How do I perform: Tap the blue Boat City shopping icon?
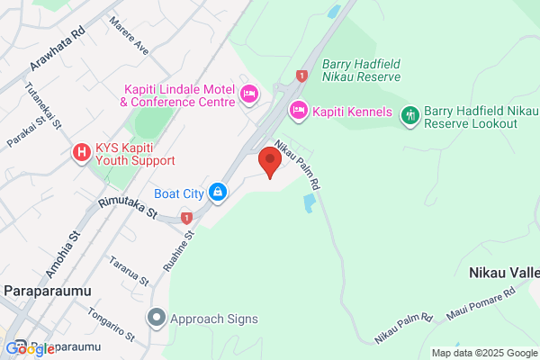[x=217, y=192]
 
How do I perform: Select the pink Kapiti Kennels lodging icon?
[x=298, y=112]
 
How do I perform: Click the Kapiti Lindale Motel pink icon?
[x=249, y=93]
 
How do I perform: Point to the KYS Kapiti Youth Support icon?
[x=81, y=152]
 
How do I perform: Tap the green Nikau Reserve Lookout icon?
[x=410, y=113]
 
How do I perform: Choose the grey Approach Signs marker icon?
[x=157, y=318]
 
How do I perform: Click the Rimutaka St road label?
[x=128, y=210]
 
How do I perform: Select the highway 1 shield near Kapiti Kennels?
[x=301, y=77]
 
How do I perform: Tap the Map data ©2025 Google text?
[x=483, y=352]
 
